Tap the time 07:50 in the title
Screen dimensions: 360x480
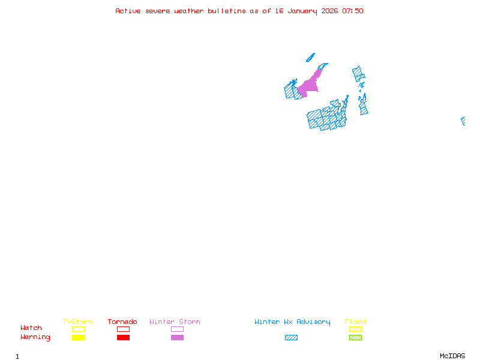coord(352,11)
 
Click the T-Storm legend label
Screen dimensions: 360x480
coord(77,322)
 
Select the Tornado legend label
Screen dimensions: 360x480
coord(122,322)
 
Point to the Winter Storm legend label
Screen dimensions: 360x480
coord(175,322)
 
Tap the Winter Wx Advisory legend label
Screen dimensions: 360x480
coord(292,322)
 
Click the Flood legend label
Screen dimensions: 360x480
coord(355,322)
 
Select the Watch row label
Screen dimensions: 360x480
coord(31,328)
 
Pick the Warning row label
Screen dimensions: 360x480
coord(35,337)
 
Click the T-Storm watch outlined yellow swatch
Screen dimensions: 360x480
coord(78,329)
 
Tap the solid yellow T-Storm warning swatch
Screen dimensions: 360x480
coord(78,337)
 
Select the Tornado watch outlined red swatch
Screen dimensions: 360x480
coord(123,329)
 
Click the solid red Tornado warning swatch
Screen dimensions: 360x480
coord(123,337)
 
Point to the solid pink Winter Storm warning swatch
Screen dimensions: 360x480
coord(177,337)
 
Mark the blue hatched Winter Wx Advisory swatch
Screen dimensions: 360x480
coord(291,337)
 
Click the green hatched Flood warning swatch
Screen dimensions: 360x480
coord(355,337)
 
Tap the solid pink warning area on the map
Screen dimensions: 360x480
coord(308,85)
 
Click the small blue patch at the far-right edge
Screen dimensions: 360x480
coord(463,121)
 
